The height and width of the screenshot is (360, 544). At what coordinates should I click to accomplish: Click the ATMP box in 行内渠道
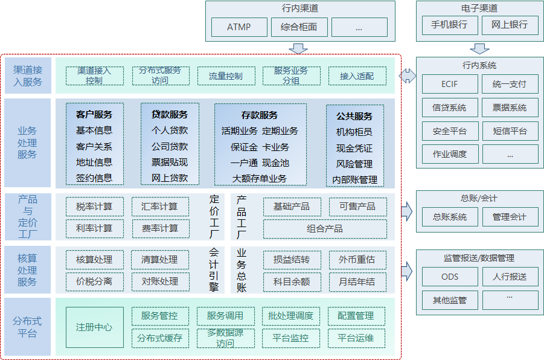pos(238,27)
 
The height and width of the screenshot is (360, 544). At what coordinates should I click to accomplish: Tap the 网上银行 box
pos(509,25)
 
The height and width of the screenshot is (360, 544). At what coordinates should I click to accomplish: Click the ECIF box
pos(449,84)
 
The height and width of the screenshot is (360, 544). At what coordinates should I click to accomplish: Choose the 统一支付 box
pos(509,84)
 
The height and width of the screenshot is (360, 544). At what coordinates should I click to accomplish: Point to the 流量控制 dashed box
pos(226,76)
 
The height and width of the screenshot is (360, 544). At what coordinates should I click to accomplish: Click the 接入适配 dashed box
pos(357,76)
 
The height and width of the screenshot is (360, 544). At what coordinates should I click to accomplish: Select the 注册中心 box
pos(94,327)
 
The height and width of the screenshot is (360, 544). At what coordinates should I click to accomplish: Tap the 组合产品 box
pos(325,229)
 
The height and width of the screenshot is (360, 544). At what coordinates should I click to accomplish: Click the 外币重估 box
pos(357,260)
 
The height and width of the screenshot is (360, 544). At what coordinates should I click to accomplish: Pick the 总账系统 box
pos(449,217)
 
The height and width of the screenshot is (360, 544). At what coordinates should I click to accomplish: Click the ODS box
pos(449,277)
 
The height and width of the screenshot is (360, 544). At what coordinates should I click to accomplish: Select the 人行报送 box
pos(509,277)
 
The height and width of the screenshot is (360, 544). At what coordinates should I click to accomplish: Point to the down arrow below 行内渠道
pos(298,48)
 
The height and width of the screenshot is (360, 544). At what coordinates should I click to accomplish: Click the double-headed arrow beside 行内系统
pos(408,76)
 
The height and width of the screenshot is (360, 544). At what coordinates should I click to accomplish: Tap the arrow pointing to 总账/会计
pos(408,211)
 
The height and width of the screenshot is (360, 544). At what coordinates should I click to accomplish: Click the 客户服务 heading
pos(94,114)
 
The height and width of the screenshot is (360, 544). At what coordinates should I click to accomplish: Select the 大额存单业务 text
pos(260,178)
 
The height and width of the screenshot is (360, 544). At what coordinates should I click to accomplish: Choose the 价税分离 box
pos(94,281)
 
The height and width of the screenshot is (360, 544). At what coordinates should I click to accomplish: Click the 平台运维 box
pos(357,338)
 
